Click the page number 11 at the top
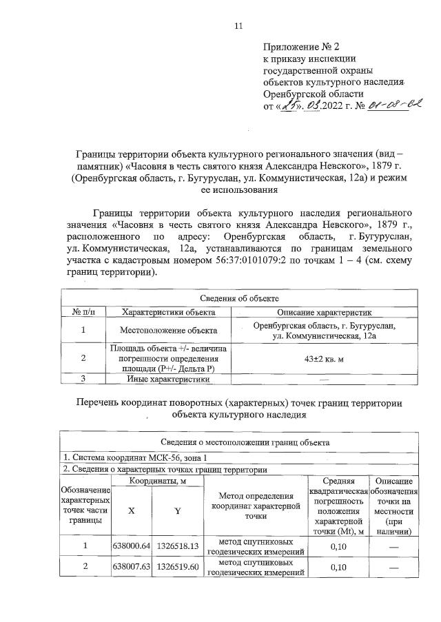(238, 26)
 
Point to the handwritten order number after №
(395, 105)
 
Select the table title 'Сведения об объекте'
(239, 298)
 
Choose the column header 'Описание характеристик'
(323, 312)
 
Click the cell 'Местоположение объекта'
(168, 331)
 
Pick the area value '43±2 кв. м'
(324, 358)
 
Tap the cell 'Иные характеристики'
(168, 378)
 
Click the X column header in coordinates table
(131, 512)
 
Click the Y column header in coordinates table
(178, 512)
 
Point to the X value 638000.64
(131, 546)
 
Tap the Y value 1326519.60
(178, 567)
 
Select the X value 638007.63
(131, 567)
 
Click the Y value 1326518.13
(178, 546)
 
